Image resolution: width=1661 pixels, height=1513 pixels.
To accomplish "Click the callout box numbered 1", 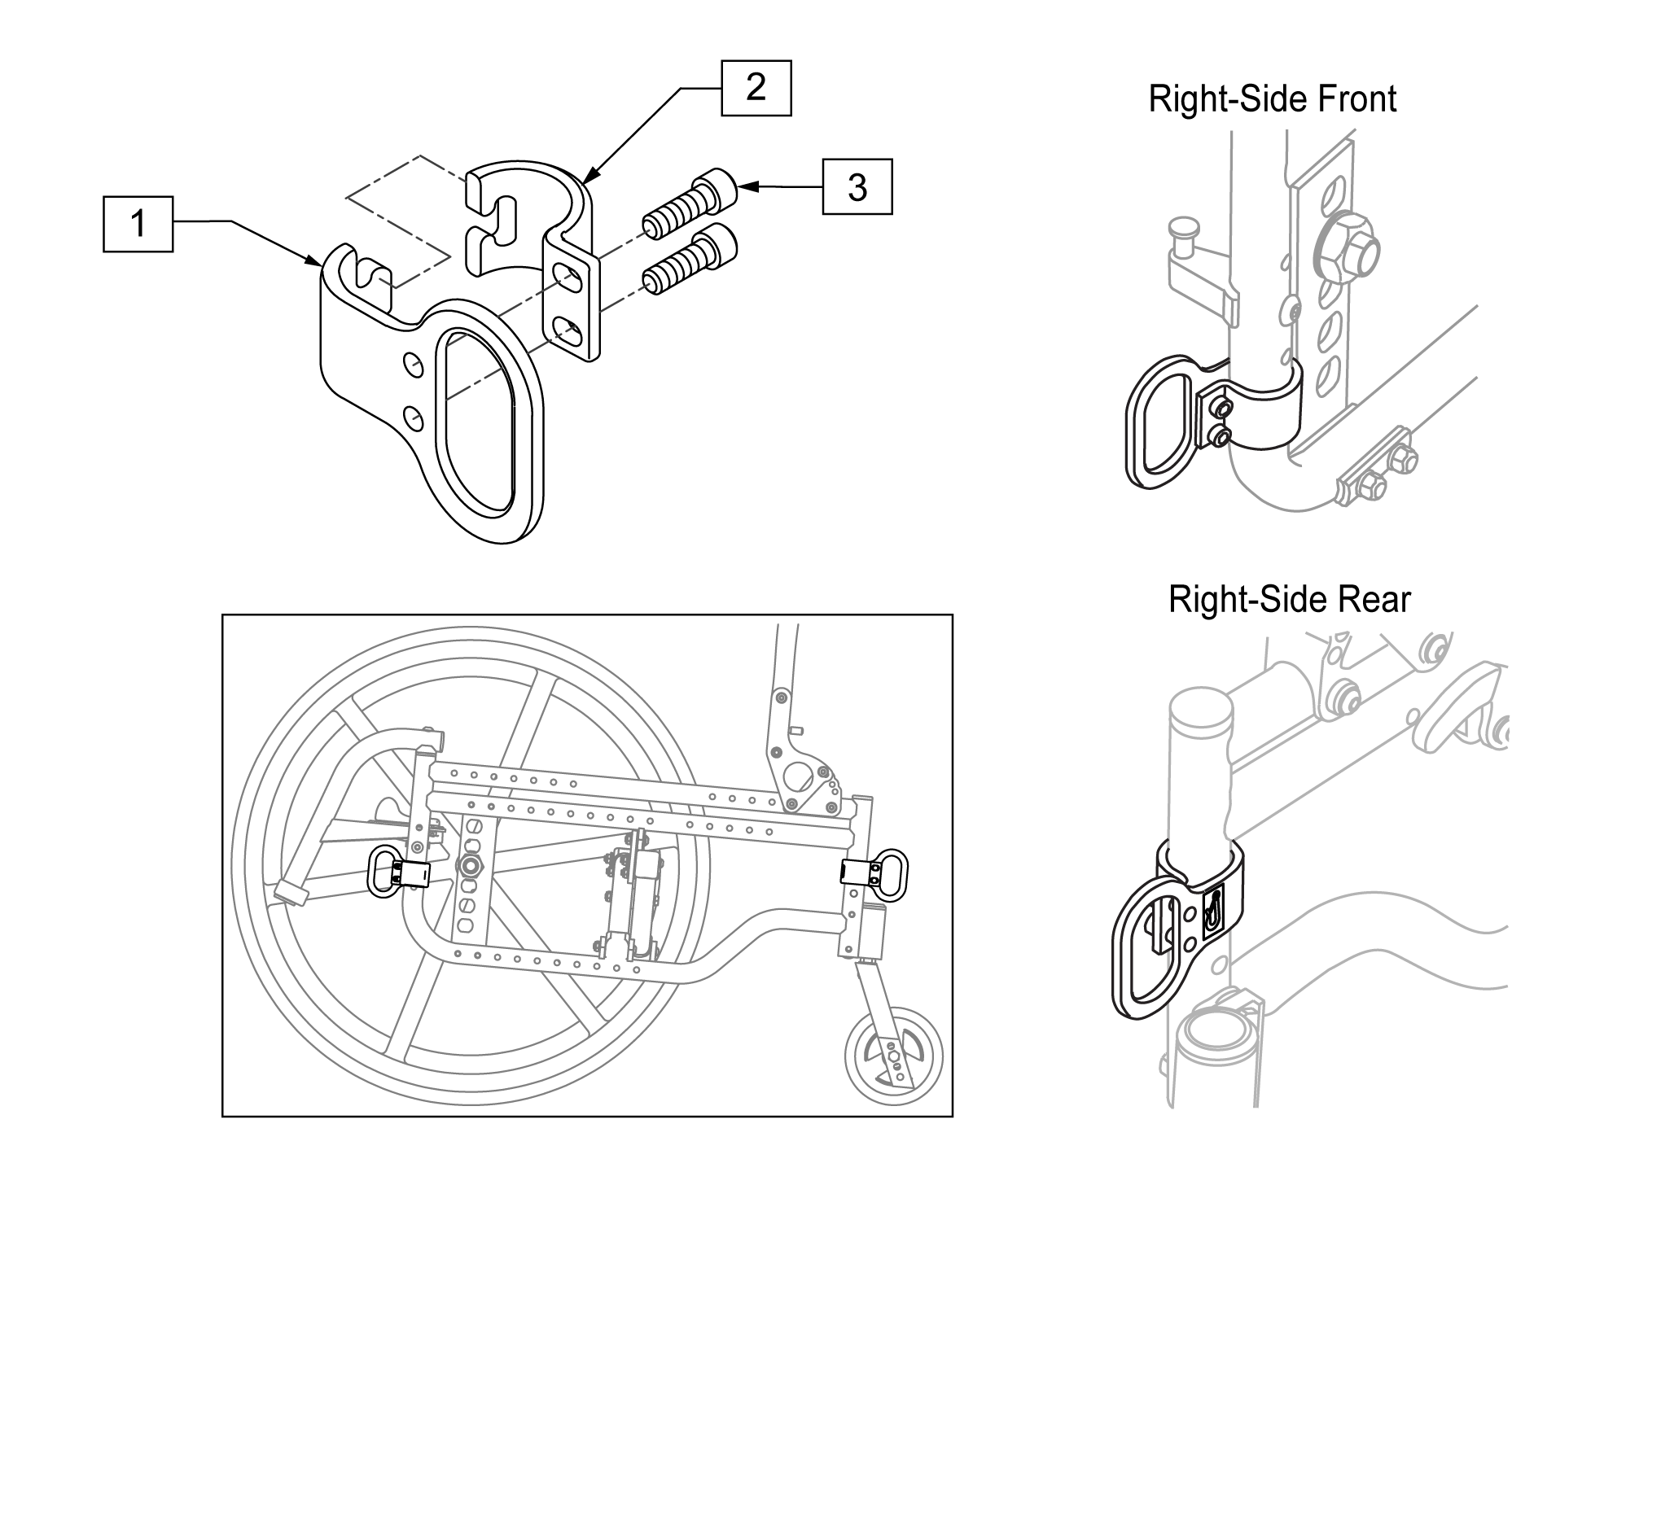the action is (x=138, y=223).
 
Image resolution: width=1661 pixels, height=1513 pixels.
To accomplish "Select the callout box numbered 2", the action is (x=756, y=87).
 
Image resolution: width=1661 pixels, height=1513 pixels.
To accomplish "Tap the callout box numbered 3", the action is (x=857, y=187).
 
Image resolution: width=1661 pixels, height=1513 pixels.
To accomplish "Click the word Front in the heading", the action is (x=1357, y=98).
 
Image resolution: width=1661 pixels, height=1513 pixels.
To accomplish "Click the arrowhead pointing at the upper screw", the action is (x=747, y=187).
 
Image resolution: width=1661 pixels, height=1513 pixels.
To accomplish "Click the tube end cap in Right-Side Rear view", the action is (x=1201, y=708).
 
